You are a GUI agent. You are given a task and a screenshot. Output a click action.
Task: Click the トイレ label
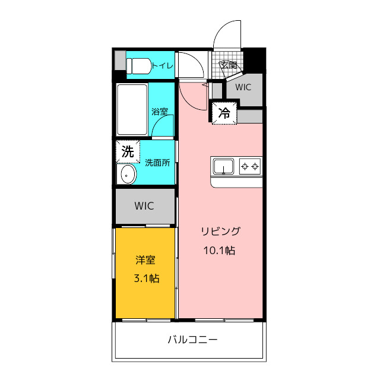tap(163, 66)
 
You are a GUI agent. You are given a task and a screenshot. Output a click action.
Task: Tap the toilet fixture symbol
tap(138, 66)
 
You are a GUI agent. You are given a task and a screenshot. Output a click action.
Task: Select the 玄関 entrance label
tap(228, 65)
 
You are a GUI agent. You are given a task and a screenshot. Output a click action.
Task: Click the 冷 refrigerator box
tap(224, 113)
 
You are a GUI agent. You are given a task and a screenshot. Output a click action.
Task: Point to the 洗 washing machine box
tap(128, 152)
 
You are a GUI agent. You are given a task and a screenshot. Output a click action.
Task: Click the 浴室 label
tap(160, 112)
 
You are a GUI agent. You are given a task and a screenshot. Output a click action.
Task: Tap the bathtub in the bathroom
tap(132, 109)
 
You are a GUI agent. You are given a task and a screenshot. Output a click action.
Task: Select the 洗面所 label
tap(157, 163)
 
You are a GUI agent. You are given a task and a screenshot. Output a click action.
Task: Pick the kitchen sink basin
tap(223, 166)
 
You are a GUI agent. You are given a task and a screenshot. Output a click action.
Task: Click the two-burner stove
tap(250, 166)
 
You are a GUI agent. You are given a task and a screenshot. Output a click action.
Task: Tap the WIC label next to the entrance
tap(243, 87)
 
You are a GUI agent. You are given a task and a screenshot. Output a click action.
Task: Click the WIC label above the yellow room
tap(144, 206)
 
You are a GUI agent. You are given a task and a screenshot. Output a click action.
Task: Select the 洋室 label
tap(145, 260)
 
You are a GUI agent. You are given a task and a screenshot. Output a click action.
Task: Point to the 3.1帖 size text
tap(147, 278)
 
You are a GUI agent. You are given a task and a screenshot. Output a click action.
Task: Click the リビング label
tap(220, 232)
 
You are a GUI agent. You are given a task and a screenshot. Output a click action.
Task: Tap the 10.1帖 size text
tap(219, 251)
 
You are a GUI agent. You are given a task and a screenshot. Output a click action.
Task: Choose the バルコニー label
tap(192, 340)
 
